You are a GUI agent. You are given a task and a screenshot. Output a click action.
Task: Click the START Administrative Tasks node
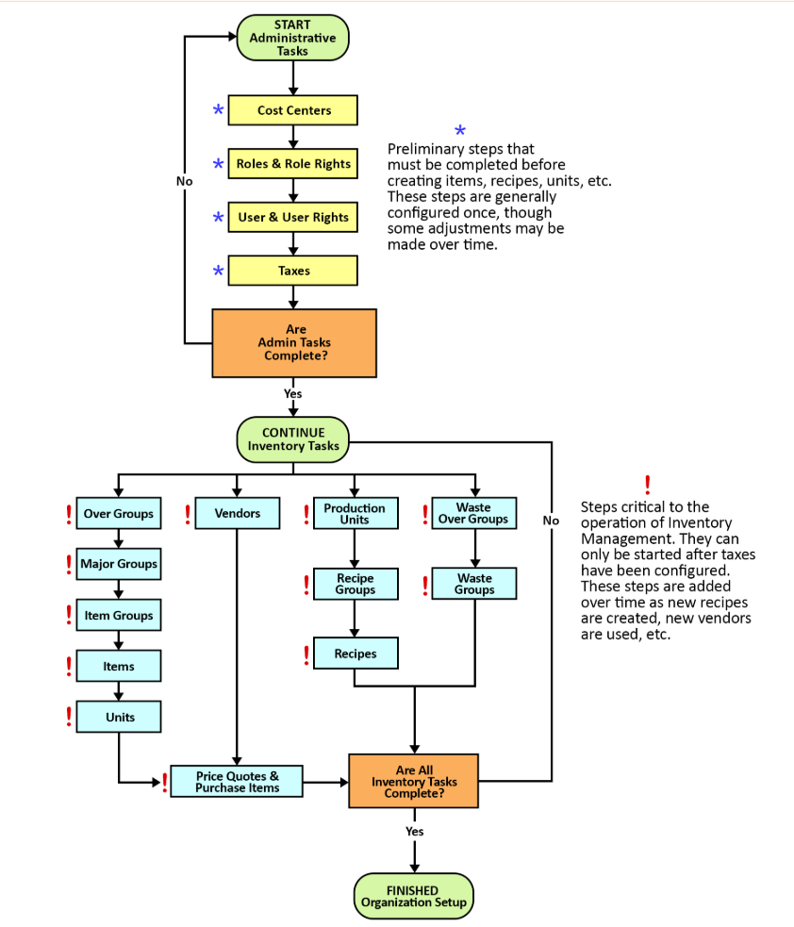[x=292, y=38]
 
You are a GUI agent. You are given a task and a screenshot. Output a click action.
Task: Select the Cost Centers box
[x=292, y=110]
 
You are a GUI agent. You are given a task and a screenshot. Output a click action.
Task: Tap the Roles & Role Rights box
[x=292, y=164]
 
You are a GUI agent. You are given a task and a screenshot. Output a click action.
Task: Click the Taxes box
[x=292, y=271]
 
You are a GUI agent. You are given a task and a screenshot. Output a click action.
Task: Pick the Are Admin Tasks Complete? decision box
[x=294, y=343]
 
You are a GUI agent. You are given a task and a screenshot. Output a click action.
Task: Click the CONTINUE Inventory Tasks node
[x=292, y=439]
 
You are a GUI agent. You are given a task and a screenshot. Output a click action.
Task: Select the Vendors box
[x=237, y=513]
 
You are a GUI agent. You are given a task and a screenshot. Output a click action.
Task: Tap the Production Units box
[x=356, y=513]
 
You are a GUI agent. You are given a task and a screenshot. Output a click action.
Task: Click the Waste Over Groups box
[x=474, y=513]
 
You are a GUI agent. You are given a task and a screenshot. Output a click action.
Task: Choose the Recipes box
[x=356, y=654]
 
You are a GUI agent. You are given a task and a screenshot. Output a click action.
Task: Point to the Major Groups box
[x=118, y=564]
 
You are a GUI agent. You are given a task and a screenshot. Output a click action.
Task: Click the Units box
[x=118, y=717]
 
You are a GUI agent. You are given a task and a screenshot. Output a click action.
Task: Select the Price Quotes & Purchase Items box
[x=237, y=782]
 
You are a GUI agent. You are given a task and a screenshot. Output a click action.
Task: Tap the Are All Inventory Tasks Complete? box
[x=414, y=781]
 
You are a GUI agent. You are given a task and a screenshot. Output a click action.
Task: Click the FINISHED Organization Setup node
[x=414, y=896]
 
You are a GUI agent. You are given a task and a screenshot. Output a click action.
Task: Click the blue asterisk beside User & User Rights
[x=218, y=218]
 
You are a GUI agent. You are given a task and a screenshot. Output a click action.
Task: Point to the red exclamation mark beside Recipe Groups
[x=306, y=585]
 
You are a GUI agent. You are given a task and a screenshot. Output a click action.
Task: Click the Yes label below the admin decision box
[x=292, y=394]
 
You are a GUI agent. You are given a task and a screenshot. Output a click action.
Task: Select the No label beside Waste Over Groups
[x=551, y=521]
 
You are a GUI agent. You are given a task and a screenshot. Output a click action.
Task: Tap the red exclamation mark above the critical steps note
[x=648, y=486]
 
